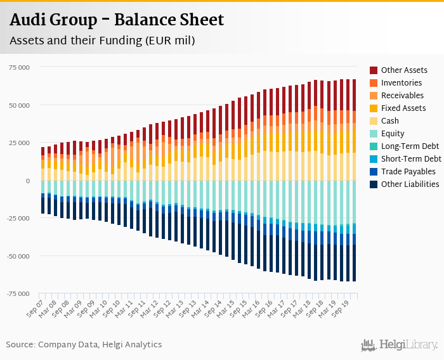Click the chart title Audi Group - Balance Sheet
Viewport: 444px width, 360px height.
[116, 20]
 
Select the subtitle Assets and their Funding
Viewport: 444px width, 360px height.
[101, 41]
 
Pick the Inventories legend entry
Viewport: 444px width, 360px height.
[401, 83]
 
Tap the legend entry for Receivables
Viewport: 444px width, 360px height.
[402, 96]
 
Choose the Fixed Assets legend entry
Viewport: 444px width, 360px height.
[403, 108]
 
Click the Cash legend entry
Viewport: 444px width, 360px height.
[390, 121]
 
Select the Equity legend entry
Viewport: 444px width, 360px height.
[393, 134]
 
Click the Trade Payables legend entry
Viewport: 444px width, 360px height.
[408, 172]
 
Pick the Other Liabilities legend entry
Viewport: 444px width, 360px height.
[410, 184]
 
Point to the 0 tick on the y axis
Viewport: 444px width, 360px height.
[28, 181]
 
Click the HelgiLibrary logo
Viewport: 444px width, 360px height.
[400, 345]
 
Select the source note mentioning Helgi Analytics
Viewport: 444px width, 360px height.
[84, 345]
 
